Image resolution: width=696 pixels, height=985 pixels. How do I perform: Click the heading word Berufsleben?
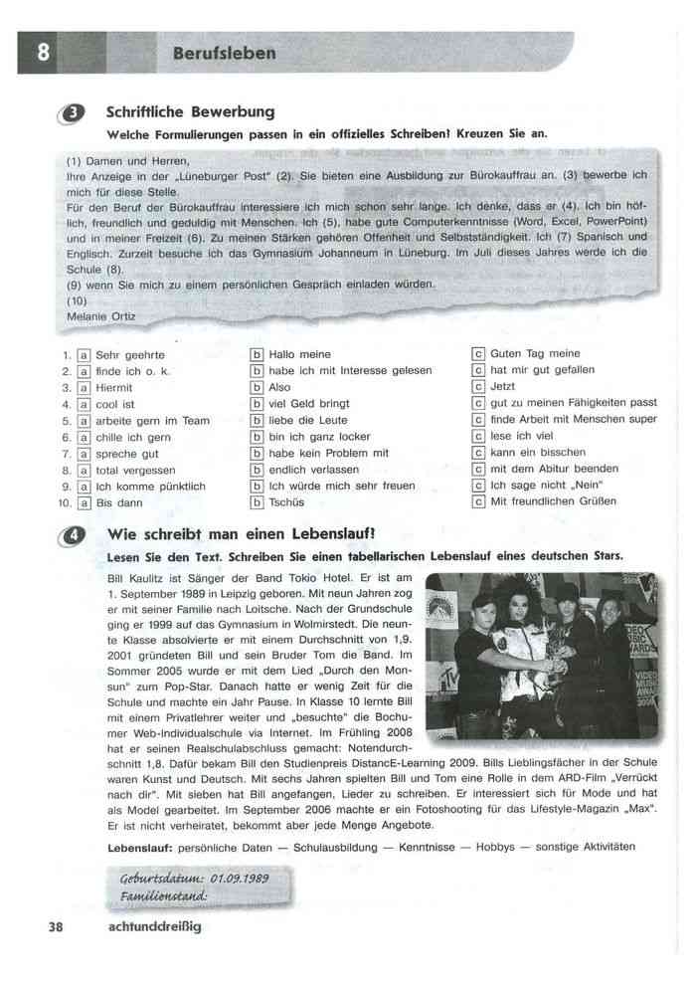[224, 53]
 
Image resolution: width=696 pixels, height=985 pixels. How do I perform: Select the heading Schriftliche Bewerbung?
[190, 112]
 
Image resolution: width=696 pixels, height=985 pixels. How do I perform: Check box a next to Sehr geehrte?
[85, 355]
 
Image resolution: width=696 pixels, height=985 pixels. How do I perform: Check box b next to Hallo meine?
[258, 355]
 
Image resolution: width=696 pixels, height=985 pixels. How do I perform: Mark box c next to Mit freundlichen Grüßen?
[478, 501]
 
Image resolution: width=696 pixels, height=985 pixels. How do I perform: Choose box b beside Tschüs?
[258, 502]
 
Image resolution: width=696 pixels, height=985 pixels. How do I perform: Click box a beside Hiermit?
[85, 388]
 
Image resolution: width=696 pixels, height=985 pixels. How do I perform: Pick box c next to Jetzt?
[478, 387]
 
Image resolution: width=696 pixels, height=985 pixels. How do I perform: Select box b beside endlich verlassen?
[258, 470]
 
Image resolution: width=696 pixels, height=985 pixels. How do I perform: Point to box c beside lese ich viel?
[478, 436]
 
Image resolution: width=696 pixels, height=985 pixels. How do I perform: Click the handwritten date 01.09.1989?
[234, 880]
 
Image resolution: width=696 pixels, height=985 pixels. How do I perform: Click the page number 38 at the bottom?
[55, 927]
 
